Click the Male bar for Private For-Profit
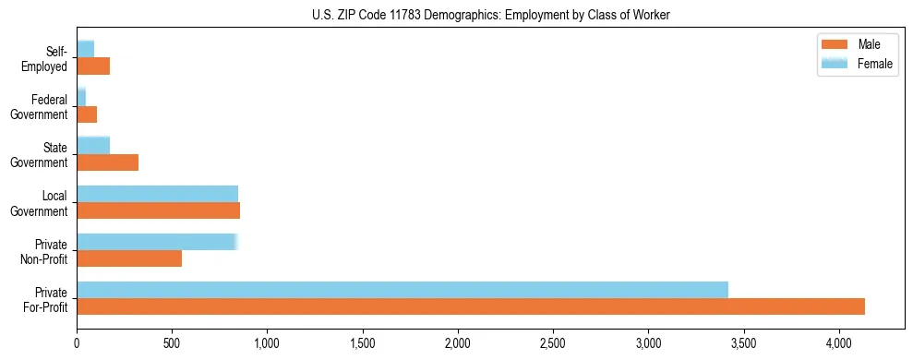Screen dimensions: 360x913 (471, 306)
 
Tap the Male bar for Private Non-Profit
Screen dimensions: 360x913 (129, 258)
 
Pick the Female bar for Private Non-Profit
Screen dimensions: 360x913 (157, 242)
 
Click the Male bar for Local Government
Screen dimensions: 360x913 (158, 210)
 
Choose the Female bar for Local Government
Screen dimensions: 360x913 (157, 194)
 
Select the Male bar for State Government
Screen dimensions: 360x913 (107, 162)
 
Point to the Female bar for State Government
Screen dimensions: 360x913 (93, 146)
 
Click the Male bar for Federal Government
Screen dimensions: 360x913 (87, 114)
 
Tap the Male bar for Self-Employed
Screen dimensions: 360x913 (93, 66)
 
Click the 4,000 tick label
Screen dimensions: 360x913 (838, 342)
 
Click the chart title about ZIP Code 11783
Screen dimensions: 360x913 (490, 15)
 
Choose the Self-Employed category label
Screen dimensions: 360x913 (47, 59)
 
